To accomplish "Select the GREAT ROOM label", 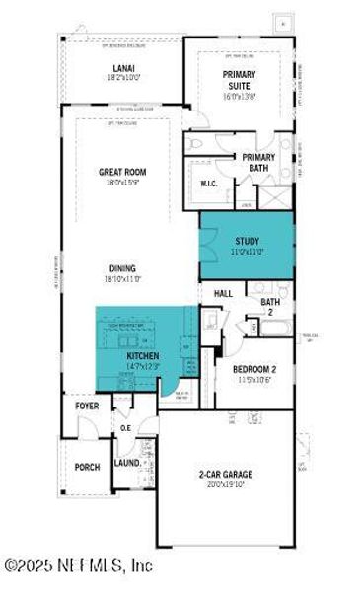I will tap(122, 171).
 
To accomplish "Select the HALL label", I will tap(222, 293).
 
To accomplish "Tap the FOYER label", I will tap(88, 407).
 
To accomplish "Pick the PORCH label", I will tap(87, 466).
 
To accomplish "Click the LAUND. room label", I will tap(127, 462).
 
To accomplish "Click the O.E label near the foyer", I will tap(125, 427).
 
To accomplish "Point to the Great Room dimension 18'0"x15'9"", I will tap(122, 183).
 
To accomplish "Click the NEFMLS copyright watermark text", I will tap(79, 566).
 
